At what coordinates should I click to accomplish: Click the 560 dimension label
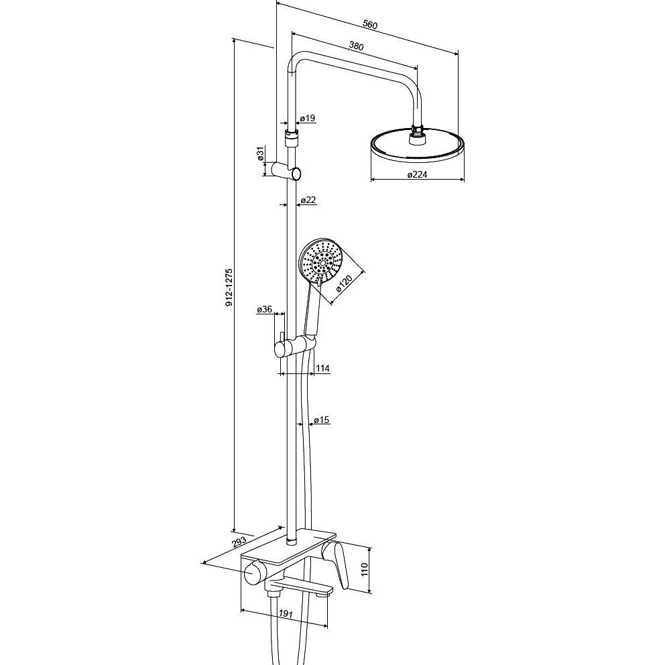370,25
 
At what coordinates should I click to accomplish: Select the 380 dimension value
356,46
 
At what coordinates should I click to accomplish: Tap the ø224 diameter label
417,174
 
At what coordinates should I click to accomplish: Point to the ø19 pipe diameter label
308,118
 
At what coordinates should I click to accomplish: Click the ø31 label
260,153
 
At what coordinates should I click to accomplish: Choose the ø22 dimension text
308,200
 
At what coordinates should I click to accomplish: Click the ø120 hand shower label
344,284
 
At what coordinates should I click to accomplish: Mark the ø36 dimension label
264,309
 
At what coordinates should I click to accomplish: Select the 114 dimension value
322,368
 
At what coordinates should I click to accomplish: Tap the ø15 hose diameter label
322,420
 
